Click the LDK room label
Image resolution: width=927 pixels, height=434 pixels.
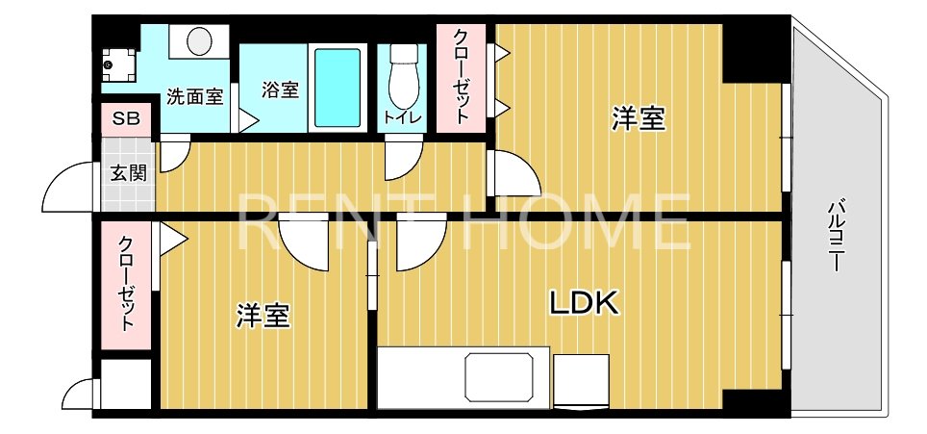583,303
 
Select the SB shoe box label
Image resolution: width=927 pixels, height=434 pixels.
126,119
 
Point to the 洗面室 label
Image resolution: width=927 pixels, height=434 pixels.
194,96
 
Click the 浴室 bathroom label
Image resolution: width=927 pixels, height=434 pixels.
280,89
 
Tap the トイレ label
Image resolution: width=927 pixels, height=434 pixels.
400,117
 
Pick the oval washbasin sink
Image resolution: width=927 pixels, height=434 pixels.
200,41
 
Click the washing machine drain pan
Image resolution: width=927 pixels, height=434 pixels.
119,63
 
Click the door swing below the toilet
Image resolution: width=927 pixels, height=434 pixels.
404,159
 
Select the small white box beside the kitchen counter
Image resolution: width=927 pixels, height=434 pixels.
578,381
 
